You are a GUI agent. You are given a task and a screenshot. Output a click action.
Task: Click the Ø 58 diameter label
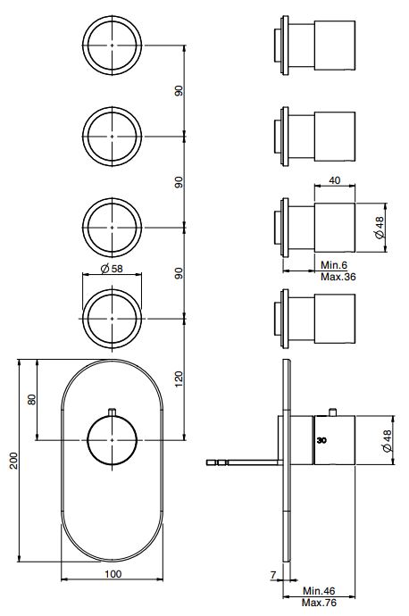click(113, 268)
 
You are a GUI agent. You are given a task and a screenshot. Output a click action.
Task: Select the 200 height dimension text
click(13, 460)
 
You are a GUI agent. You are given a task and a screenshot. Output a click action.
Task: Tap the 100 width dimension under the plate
click(113, 574)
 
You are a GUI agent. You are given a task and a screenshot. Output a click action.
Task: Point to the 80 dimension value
click(31, 399)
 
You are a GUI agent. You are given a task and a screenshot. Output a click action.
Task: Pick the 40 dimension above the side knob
click(335, 180)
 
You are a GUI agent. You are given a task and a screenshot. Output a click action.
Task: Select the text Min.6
click(335, 265)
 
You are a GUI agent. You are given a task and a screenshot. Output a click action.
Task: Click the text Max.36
click(337, 277)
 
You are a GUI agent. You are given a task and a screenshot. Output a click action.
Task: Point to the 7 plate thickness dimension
click(272, 576)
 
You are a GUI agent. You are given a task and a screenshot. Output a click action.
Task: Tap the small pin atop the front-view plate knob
click(113, 411)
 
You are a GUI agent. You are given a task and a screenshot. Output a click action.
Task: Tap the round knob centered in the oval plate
click(113, 441)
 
